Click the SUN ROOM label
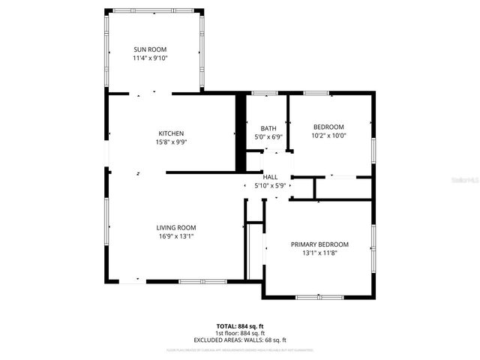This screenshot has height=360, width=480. pos(150,49)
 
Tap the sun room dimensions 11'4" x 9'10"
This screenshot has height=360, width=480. pos(150,58)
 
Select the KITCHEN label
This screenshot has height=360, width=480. pos(170,133)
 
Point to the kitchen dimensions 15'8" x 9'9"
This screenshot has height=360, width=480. pos(170,142)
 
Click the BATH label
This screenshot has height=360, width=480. pos(268,128)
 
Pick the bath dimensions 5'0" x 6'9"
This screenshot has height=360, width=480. pos(268,137)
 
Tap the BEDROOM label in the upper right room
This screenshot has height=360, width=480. pos(328,127)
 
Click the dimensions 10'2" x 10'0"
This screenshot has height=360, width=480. pos(328,136)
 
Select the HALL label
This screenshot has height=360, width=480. pos(270,176)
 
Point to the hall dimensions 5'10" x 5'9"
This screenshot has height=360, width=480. pos(270,185)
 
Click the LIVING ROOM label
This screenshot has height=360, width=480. pos(175,227)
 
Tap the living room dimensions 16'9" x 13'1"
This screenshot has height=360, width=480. pos(175,236)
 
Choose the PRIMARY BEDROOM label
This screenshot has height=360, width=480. pos(319,244)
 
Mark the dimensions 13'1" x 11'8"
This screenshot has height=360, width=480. pos(319,253)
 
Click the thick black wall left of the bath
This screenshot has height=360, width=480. pos(241,132)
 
